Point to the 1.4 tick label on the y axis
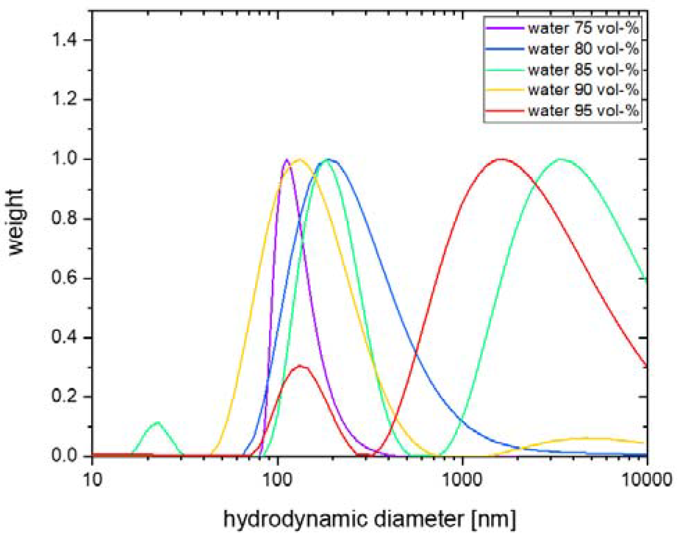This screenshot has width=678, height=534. pyautogui.click(x=64, y=40)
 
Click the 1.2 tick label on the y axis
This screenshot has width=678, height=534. pyautogui.click(x=64, y=99)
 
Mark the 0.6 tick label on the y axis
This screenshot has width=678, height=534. pyautogui.click(x=64, y=278)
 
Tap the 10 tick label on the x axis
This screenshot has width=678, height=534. pyautogui.click(x=93, y=480)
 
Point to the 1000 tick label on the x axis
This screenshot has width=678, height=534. pyautogui.click(x=462, y=480)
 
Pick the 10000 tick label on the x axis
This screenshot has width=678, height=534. pyautogui.click(x=646, y=480)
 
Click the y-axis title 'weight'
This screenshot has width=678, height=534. pyautogui.click(x=16, y=222)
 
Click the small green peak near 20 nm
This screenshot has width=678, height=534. pyautogui.click(x=158, y=422)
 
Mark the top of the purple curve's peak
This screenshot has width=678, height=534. pyautogui.click(x=287, y=160)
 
